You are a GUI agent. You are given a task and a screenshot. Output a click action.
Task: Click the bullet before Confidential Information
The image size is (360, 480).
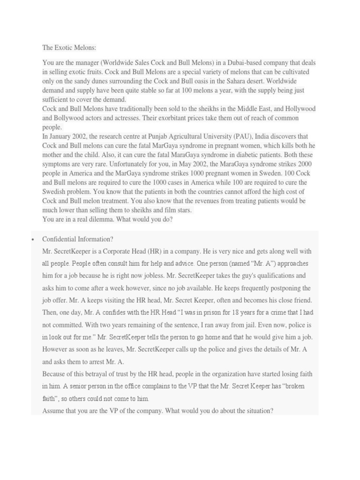tap(33, 239)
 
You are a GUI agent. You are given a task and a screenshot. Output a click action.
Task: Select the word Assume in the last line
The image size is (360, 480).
tap(54, 411)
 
